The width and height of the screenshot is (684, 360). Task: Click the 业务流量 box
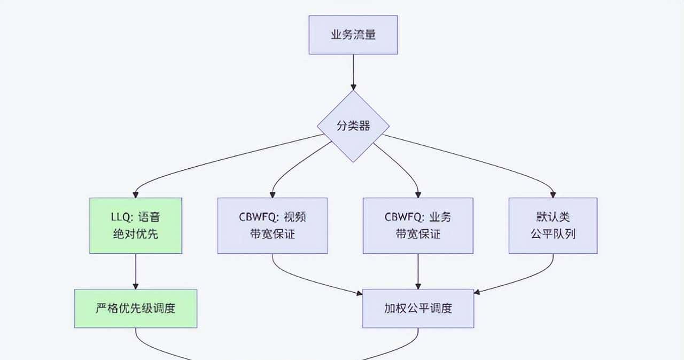pos(353,35)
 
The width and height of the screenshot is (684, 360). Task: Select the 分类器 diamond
pos(353,126)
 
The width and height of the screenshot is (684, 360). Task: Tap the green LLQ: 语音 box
pos(136,225)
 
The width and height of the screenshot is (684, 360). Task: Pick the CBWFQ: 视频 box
pos(273,225)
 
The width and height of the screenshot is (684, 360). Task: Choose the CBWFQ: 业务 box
pos(418,225)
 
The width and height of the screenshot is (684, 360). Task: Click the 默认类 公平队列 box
pos(553,225)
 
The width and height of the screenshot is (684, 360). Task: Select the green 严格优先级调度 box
pos(136,309)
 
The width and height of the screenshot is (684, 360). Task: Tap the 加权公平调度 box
pos(418,309)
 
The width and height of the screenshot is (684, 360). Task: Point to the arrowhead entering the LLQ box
pos(136,194)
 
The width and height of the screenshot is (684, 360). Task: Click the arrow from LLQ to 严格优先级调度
pos(136,271)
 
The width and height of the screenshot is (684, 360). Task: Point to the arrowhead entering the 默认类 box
pos(553,194)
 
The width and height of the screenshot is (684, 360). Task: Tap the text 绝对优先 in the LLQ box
pos(136,234)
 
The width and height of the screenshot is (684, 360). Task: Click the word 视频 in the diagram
pos(299,217)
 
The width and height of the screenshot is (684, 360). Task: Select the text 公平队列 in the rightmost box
pos(553,234)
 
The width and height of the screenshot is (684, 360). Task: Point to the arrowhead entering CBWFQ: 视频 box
pos(273,194)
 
